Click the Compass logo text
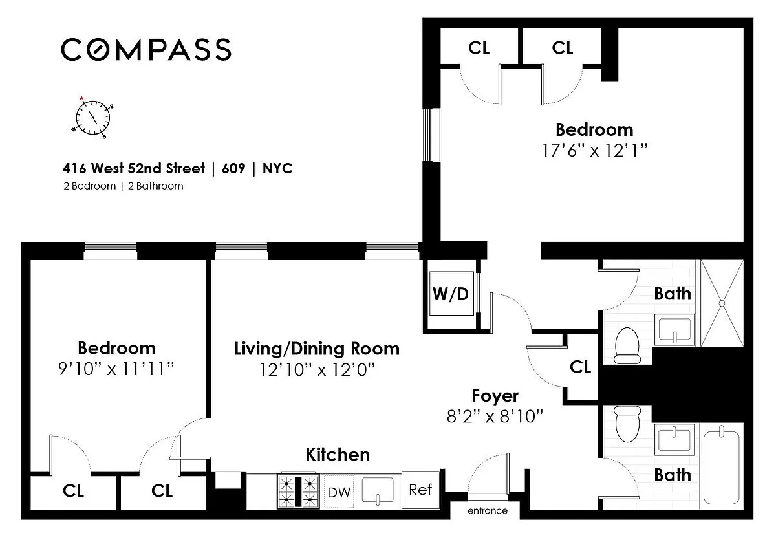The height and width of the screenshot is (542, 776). point(146,49)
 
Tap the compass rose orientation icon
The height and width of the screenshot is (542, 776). point(92,118)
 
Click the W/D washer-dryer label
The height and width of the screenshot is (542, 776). point(451,294)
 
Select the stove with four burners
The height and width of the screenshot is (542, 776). point(298,491)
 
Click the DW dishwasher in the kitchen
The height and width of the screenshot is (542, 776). point(339,492)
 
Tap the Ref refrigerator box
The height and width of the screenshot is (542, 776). point(421,490)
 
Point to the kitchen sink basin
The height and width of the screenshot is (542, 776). point(378,490)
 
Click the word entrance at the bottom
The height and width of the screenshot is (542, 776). point(488,511)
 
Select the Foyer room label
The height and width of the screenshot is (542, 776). point(495,396)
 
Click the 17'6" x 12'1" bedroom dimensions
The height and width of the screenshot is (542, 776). point(594,151)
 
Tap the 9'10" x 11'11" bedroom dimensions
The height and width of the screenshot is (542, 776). point(116,369)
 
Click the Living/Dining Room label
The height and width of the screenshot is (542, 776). point(317,349)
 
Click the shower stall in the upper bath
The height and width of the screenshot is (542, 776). point(722,303)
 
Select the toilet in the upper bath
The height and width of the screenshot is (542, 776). point(627,345)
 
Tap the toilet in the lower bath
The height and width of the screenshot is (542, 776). point(627,424)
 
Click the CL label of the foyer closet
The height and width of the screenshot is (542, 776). point(580,367)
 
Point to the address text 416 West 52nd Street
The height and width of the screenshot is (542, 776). point(134,168)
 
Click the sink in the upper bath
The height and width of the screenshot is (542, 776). point(674,330)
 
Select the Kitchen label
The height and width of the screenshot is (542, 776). point(338,455)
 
